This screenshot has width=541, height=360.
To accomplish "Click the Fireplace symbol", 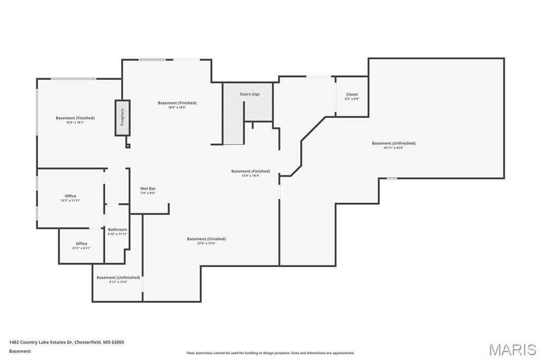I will [x=122, y=117].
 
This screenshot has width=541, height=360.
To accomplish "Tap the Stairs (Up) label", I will [x=249, y=94].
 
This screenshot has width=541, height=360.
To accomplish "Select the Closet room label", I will [x=352, y=94].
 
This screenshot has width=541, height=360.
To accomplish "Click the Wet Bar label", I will [x=148, y=188].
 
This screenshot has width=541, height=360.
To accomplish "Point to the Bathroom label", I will [x=117, y=230].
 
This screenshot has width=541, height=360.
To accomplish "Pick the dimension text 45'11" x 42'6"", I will [x=394, y=148].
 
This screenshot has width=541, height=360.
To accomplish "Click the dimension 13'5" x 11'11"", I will [x=71, y=201].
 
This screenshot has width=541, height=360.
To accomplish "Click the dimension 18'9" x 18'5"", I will [x=177, y=107].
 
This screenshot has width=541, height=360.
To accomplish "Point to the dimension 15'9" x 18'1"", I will [x=75, y=122].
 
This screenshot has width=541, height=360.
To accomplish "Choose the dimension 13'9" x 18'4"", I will [x=250, y=175].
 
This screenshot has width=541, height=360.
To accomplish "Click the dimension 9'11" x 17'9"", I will [x=118, y=282].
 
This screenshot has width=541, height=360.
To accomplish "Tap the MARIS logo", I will [x=512, y=349].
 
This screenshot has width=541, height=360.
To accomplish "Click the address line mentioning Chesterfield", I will [x=67, y=342].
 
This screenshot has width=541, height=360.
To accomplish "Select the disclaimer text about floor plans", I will [x=270, y=353].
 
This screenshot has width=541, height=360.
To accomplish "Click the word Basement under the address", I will [x=20, y=351].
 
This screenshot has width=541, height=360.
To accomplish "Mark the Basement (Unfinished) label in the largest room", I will [x=394, y=143].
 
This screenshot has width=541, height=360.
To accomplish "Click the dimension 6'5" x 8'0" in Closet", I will [x=352, y=99].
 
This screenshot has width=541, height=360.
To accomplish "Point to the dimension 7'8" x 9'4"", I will [x=148, y=193].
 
